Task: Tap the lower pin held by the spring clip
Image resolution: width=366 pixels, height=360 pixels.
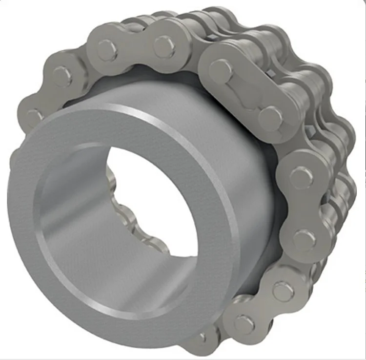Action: (x=270, y=117)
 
